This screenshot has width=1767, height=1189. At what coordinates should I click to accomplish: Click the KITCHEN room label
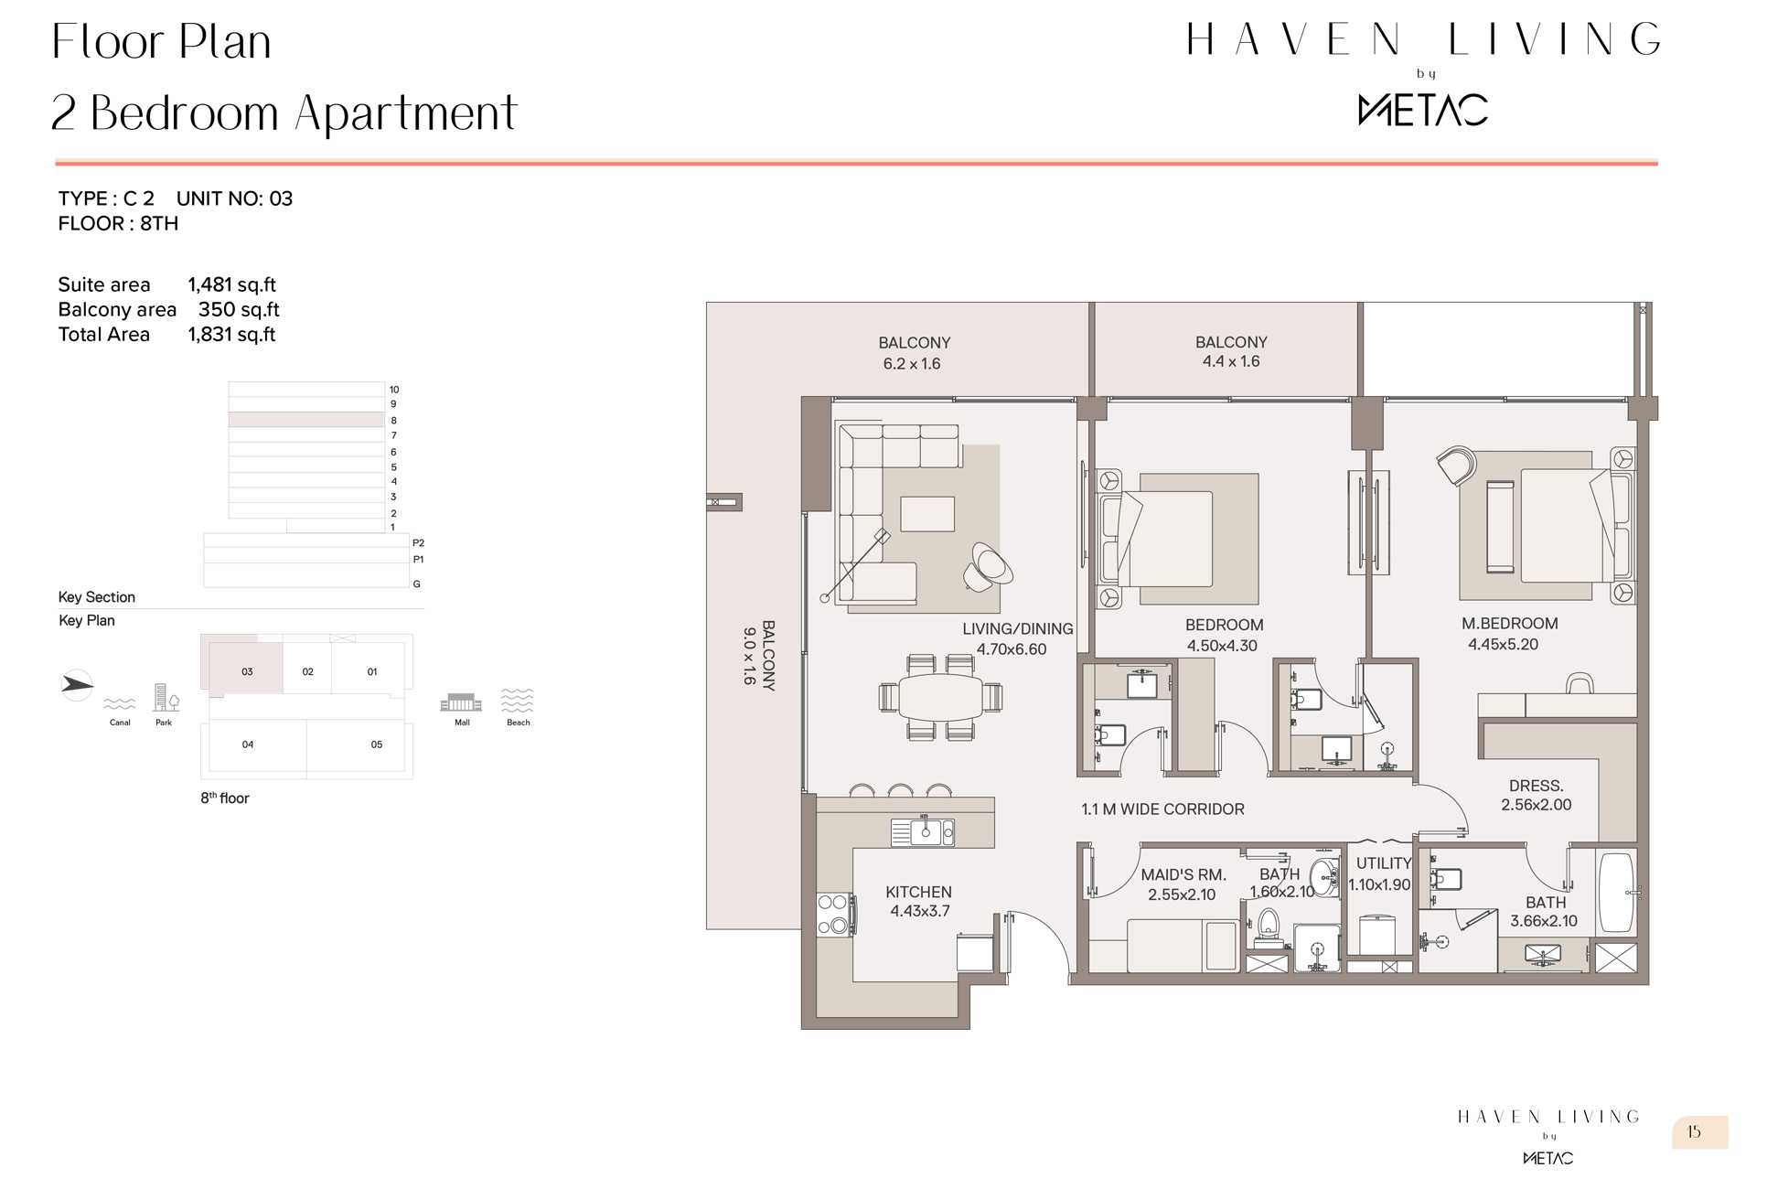tap(918, 892)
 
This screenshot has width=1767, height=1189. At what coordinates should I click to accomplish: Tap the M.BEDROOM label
tap(1509, 624)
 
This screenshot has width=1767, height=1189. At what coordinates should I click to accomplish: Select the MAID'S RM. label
tap(1183, 875)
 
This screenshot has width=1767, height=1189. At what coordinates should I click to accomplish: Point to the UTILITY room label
tap(1384, 863)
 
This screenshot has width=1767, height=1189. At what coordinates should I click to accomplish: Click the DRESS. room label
tap(1537, 786)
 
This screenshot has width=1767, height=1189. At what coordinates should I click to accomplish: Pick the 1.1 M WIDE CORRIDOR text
tap(1162, 809)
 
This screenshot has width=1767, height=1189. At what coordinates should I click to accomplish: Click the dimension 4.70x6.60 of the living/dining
tap(1012, 649)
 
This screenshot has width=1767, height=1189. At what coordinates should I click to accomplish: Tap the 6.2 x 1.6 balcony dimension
tap(912, 364)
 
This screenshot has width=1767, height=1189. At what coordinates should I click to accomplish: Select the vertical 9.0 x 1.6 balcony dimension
tap(749, 656)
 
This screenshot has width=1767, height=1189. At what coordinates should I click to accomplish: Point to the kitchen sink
tap(923, 832)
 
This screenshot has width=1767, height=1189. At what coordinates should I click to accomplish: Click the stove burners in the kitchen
tap(833, 915)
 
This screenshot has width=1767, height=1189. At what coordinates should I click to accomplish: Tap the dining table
tap(940, 697)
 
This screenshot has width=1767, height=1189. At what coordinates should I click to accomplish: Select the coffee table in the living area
tap(927, 514)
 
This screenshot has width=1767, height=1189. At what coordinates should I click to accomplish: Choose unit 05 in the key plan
tap(377, 744)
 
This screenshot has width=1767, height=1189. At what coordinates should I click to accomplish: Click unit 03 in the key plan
tap(247, 671)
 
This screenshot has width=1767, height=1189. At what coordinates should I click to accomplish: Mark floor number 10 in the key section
tap(394, 390)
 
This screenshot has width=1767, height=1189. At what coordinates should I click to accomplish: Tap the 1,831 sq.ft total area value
tap(231, 335)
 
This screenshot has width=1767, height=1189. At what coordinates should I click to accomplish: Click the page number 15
tap(1694, 1132)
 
